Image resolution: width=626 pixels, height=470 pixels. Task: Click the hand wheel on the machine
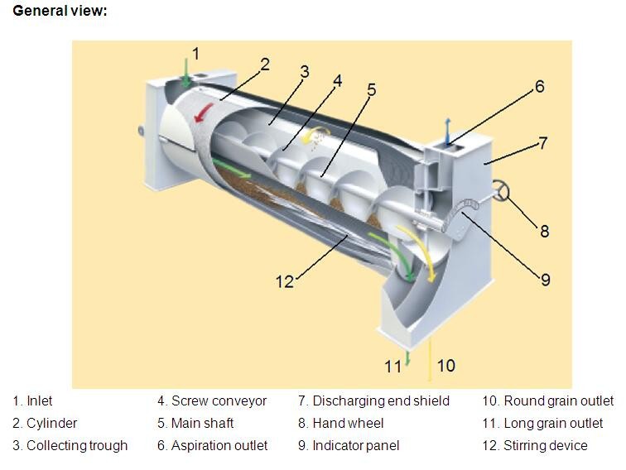coord(501,190)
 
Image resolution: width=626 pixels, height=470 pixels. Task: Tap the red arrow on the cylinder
coord(204,112)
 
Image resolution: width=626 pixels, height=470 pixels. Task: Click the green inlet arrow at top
coord(185,72)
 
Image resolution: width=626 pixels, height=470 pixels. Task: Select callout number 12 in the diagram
coord(285,281)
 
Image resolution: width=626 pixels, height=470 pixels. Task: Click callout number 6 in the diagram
coord(539,87)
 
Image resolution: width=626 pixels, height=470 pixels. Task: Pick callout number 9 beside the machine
coord(546,280)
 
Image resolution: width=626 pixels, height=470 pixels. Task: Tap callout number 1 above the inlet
coord(195,54)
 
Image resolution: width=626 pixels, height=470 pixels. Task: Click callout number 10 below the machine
coord(446,366)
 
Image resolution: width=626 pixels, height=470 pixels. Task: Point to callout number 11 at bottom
coord(392,367)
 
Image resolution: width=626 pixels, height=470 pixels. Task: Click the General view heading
coord(60,11)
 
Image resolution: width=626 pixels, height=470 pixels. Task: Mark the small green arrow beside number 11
coord(407,358)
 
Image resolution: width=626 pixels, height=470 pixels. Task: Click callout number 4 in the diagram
coord(337,81)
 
